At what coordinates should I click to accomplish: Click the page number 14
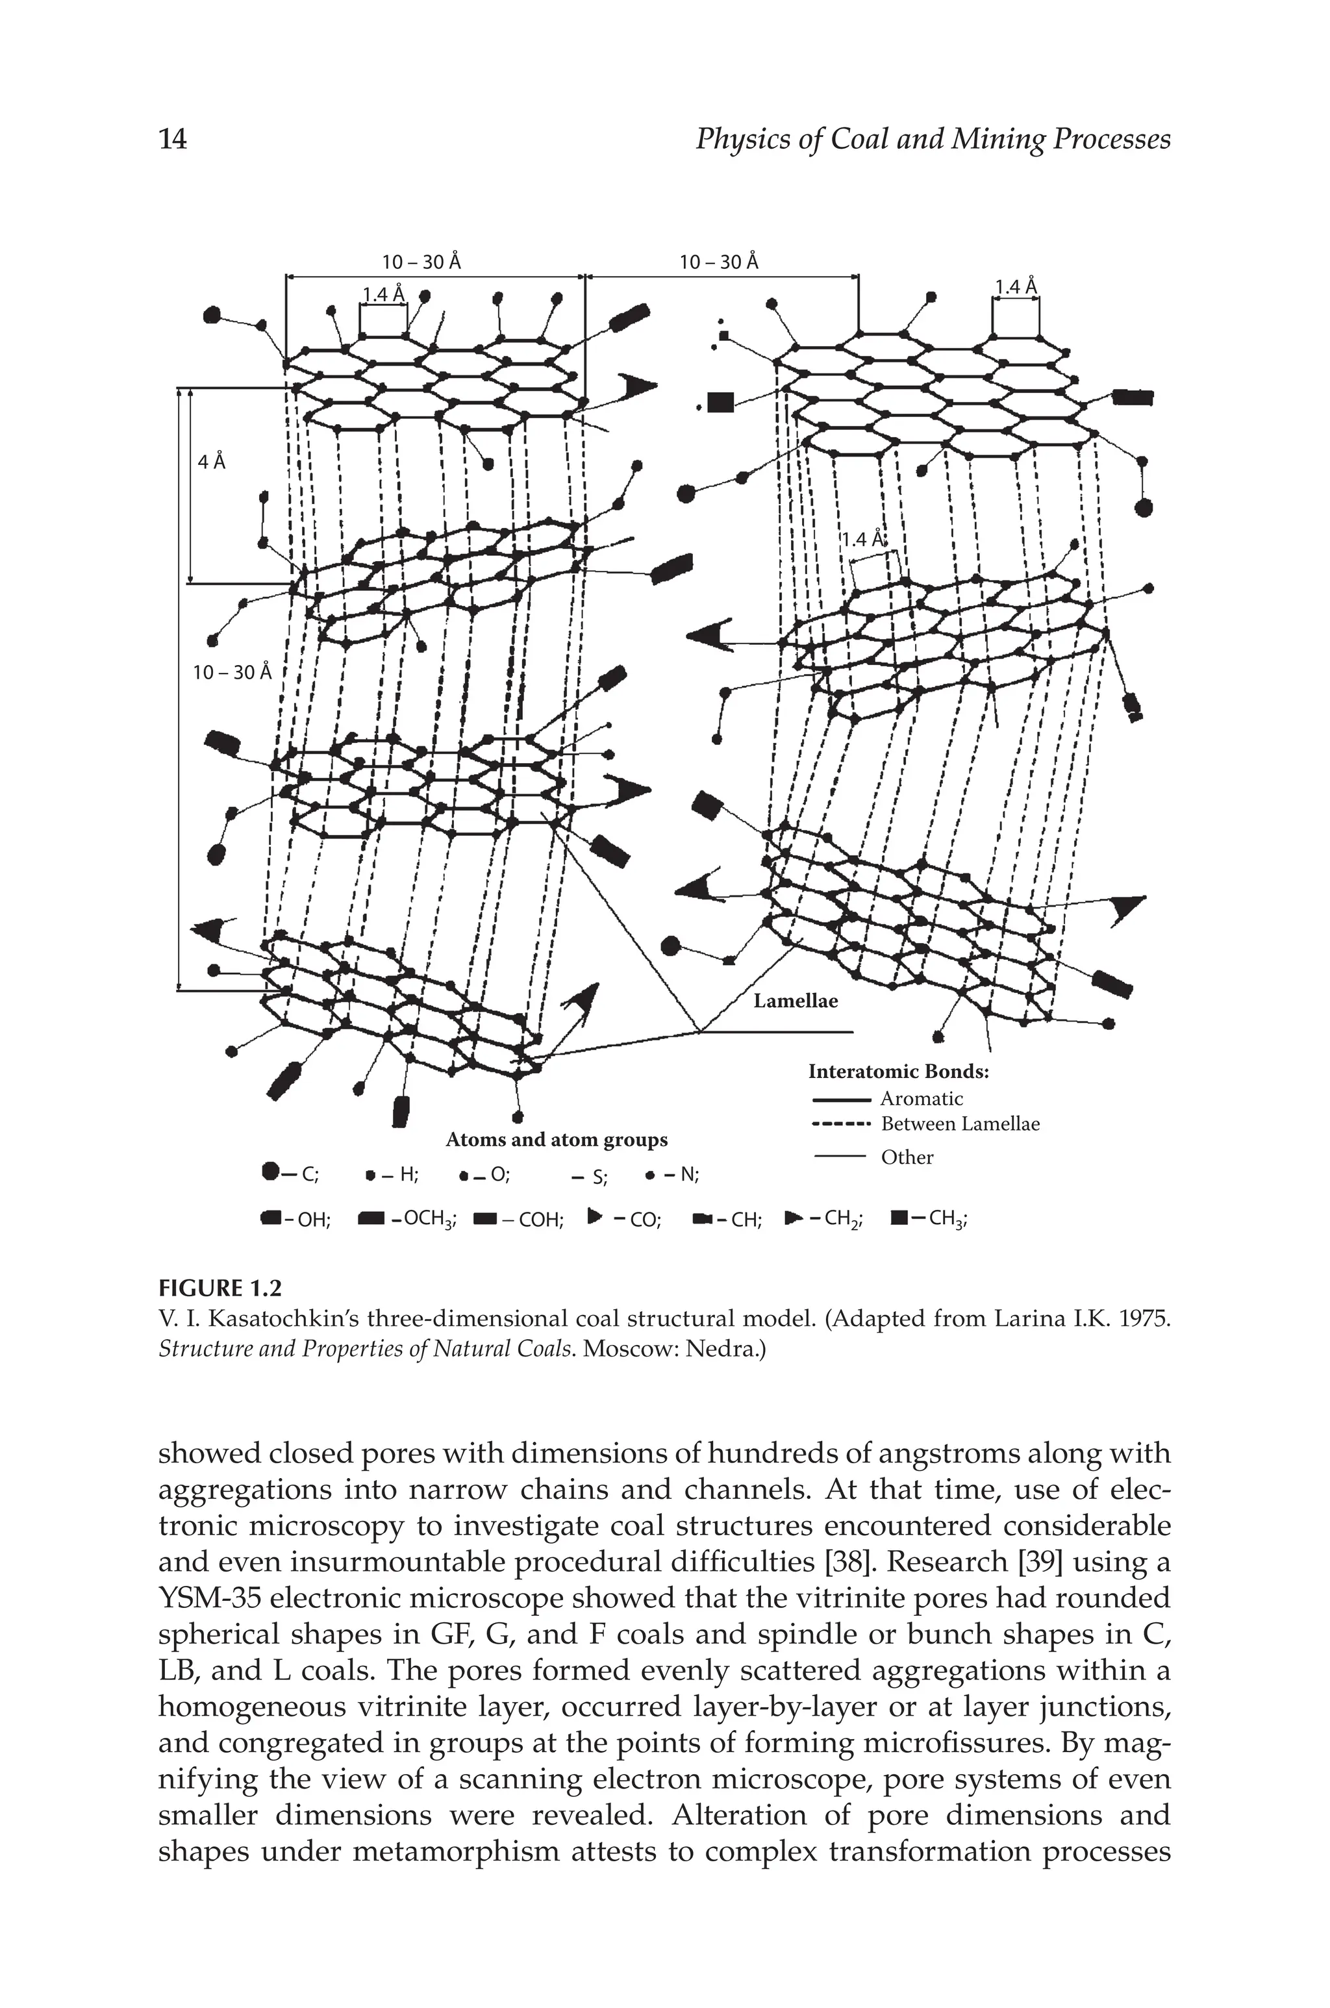pyautogui.click(x=173, y=139)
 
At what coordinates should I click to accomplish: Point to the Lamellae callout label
pyautogui.click(x=796, y=1001)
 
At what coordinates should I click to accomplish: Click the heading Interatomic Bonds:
pyautogui.click(x=898, y=1072)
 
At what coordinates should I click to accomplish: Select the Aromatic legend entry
pyautogui.click(x=921, y=1099)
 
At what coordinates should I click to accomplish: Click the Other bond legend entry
pyautogui.click(x=907, y=1157)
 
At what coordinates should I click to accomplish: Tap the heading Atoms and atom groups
pyautogui.click(x=557, y=1140)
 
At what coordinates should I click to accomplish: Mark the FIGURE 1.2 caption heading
pyautogui.click(x=220, y=1289)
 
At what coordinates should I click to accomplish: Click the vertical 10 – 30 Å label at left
pyautogui.click(x=232, y=672)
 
